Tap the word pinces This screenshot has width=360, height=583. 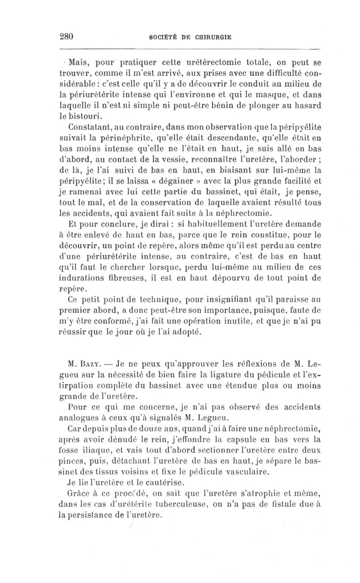pyautogui.click(x=73, y=472)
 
